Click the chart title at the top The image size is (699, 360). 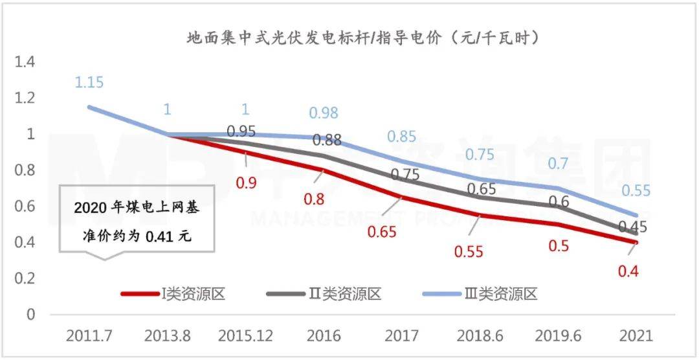coord(363,38)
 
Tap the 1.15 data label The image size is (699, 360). coord(89,82)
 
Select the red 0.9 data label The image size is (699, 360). coord(246,183)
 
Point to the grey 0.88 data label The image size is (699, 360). coord(326,140)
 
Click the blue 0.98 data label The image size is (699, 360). coord(324,113)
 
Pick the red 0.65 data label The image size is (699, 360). coord(382,232)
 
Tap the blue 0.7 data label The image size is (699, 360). coord(558,163)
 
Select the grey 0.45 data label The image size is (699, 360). coord(632,227)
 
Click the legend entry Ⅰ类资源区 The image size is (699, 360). coord(173,294)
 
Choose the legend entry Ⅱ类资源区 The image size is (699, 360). coord(324,294)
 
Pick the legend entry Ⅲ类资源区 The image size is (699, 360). coord(480,294)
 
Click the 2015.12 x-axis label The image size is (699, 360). coord(245,335)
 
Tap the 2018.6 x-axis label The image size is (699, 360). coord(479,335)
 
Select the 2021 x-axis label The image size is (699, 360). coord(636,335)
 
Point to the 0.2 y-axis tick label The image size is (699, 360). coord(25,278)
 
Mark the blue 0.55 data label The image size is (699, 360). coord(636,190)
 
